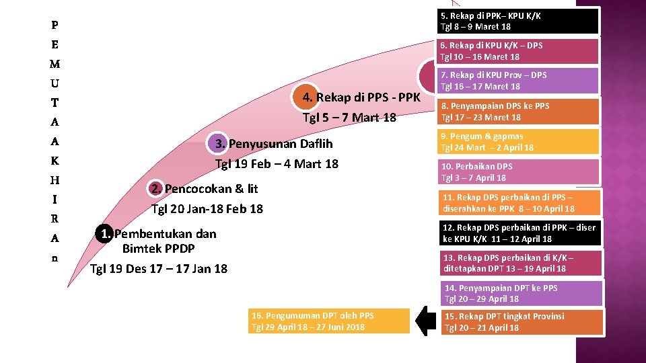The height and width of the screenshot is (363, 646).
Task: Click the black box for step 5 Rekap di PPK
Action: tap(518, 21)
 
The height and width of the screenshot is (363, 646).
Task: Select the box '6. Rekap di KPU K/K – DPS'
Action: tap(518, 51)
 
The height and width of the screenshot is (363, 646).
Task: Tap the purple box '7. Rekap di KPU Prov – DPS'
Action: tap(518, 81)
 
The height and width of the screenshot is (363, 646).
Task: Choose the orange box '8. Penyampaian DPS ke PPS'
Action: tap(518, 112)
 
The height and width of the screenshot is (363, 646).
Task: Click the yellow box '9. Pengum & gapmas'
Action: tap(518, 142)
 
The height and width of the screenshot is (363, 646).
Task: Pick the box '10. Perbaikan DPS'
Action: tap(518, 172)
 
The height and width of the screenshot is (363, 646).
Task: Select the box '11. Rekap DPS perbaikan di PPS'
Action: tap(518, 203)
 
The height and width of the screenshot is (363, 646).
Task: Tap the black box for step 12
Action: tap(518, 233)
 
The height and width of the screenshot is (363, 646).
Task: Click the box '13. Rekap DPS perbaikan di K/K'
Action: tap(518, 263)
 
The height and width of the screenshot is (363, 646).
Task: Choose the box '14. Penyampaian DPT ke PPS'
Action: tap(523, 293)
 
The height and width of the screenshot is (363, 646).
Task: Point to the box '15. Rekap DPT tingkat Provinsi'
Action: tap(523, 322)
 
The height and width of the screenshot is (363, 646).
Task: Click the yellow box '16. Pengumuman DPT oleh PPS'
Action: tap(328, 321)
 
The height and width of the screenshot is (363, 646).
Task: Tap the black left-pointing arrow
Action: tap(425, 321)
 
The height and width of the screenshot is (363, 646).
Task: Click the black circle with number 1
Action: tap(103, 234)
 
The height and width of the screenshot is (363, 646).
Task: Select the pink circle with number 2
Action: tap(155, 189)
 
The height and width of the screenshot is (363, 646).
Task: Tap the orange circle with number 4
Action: tap(307, 97)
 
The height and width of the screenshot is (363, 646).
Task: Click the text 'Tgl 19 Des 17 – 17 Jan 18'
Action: tap(159, 269)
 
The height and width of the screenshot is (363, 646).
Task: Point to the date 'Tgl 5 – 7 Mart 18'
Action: tap(349, 118)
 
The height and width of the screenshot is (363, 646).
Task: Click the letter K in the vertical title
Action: tap(55, 161)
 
